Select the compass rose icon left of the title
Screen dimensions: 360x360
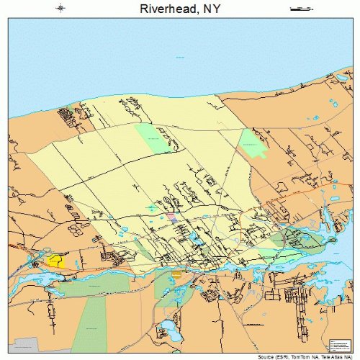click(61, 9)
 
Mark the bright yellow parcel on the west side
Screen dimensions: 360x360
click(56, 261)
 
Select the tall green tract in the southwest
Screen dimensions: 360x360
click(89, 324)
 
